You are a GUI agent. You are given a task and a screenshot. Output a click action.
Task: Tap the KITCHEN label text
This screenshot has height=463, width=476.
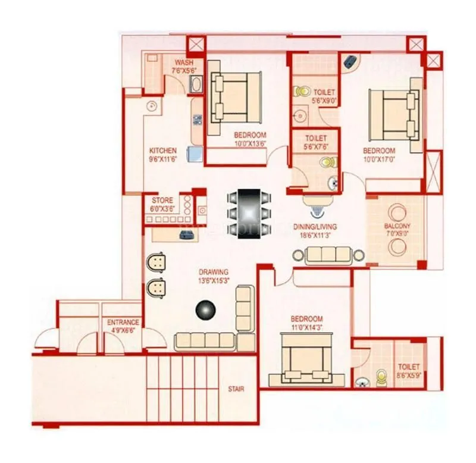click(162, 151)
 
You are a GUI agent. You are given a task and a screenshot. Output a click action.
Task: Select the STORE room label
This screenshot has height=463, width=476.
click(162, 201)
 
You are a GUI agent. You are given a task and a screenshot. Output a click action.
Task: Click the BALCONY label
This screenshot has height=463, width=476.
click(397, 226)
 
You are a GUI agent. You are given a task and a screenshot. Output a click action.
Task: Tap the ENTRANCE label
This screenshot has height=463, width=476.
click(123, 322)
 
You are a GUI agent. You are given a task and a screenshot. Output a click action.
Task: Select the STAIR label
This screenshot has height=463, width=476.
click(236, 389)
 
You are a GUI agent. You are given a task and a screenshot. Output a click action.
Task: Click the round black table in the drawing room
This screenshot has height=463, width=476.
click(206, 309)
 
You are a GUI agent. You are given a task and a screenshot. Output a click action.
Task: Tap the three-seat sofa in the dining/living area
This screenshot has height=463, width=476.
click(328, 255)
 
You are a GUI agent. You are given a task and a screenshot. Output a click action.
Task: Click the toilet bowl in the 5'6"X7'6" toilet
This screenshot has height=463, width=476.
click(328, 162)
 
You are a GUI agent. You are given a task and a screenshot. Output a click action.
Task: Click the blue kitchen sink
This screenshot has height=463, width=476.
click(195, 155)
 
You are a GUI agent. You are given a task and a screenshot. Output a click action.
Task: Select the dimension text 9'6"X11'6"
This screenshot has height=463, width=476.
click(162, 159)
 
